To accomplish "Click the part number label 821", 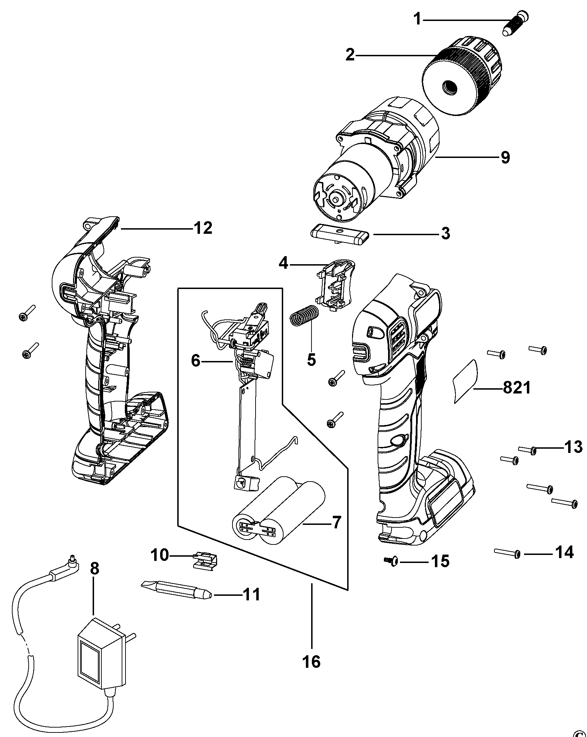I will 517,388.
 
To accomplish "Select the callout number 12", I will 203,229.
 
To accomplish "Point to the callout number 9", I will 505,158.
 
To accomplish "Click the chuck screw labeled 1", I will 515,24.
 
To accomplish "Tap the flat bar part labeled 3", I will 339,234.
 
